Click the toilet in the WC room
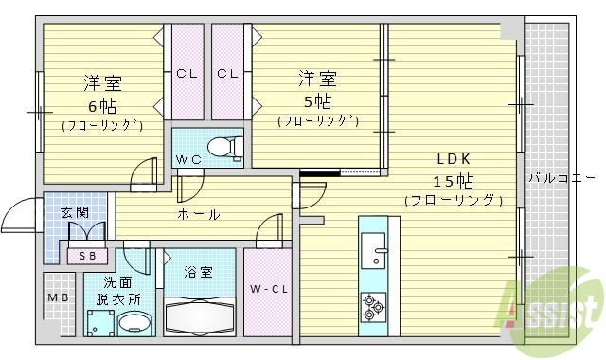(x=222, y=148)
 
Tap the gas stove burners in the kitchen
(x=372, y=307)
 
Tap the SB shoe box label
(x=87, y=255)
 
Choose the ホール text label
(x=200, y=214)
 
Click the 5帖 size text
(x=317, y=99)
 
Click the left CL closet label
(x=186, y=73)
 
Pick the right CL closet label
(x=227, y=73)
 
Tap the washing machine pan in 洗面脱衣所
(x=98, y=323)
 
